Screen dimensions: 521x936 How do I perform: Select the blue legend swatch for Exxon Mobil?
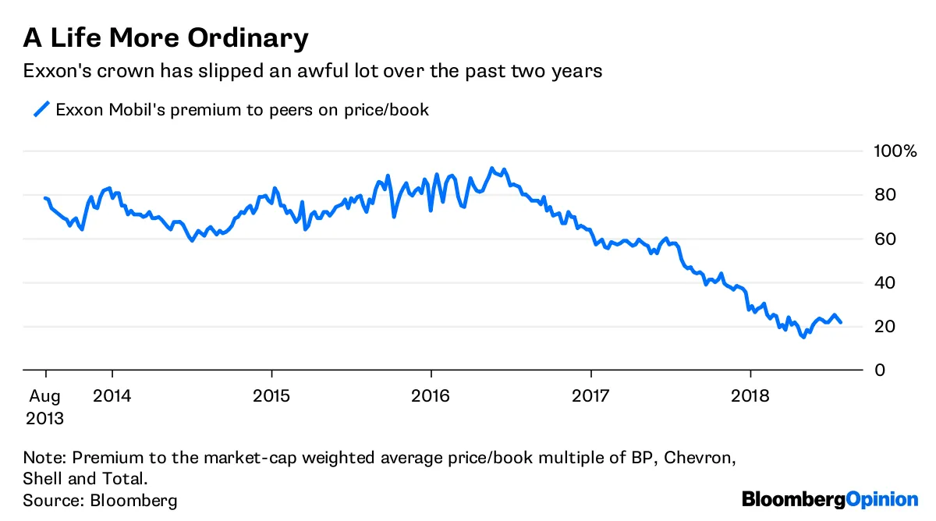pyautogui.click(x=41, y=109)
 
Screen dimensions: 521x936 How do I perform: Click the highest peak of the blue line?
pyautogui.click(x=491, y=168)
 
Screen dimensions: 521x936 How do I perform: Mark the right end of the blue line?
pyautogui.click(x=840, y=322)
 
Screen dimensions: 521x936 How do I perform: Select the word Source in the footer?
pyautogui.click(x=50, y=500)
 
